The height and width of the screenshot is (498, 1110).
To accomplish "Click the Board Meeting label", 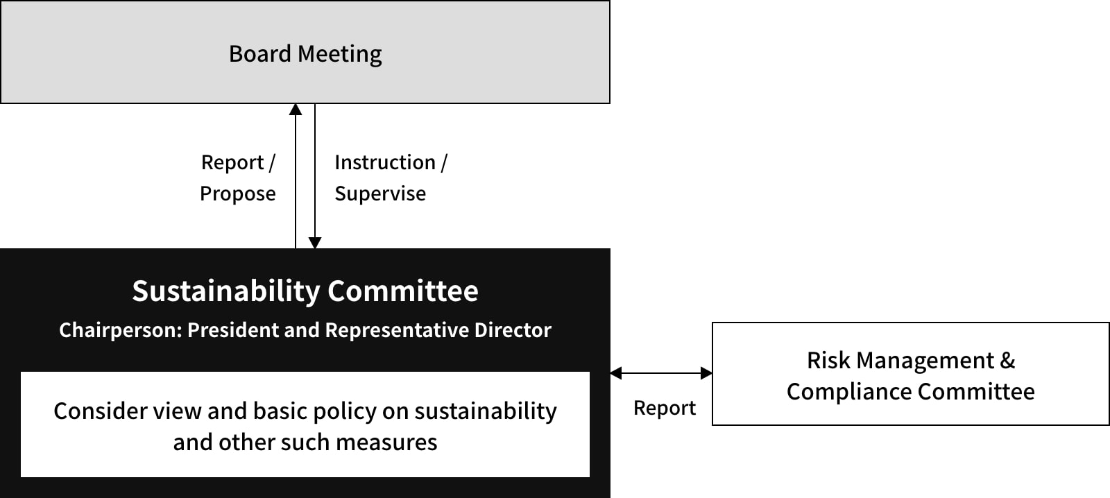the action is (x=305, y=54).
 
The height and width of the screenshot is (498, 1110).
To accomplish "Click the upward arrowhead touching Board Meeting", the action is (x=296, y=109).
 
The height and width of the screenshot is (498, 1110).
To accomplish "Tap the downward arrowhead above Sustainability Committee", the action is (x=315, y=243).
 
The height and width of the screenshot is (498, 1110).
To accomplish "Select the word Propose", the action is (x=238, y=194).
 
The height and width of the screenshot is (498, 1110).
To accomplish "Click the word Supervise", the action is (x=380, y=194).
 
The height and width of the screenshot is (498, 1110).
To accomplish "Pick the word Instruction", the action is (x=385, y=162).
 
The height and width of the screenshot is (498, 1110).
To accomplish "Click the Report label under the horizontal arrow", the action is (x=665, y=409).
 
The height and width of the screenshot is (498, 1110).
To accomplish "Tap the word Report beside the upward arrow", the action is (x=232, y=162).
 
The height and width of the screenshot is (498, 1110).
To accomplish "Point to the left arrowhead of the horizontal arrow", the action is (x=616, y=373).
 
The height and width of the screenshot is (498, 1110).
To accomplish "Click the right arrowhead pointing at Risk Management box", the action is (x=707, y=373).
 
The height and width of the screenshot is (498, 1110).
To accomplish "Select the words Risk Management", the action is (x=900, y=361).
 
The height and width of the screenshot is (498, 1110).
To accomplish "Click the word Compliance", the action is (x=849, y=392).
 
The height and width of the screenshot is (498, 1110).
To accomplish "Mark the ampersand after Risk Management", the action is (x=1007, y=361).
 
